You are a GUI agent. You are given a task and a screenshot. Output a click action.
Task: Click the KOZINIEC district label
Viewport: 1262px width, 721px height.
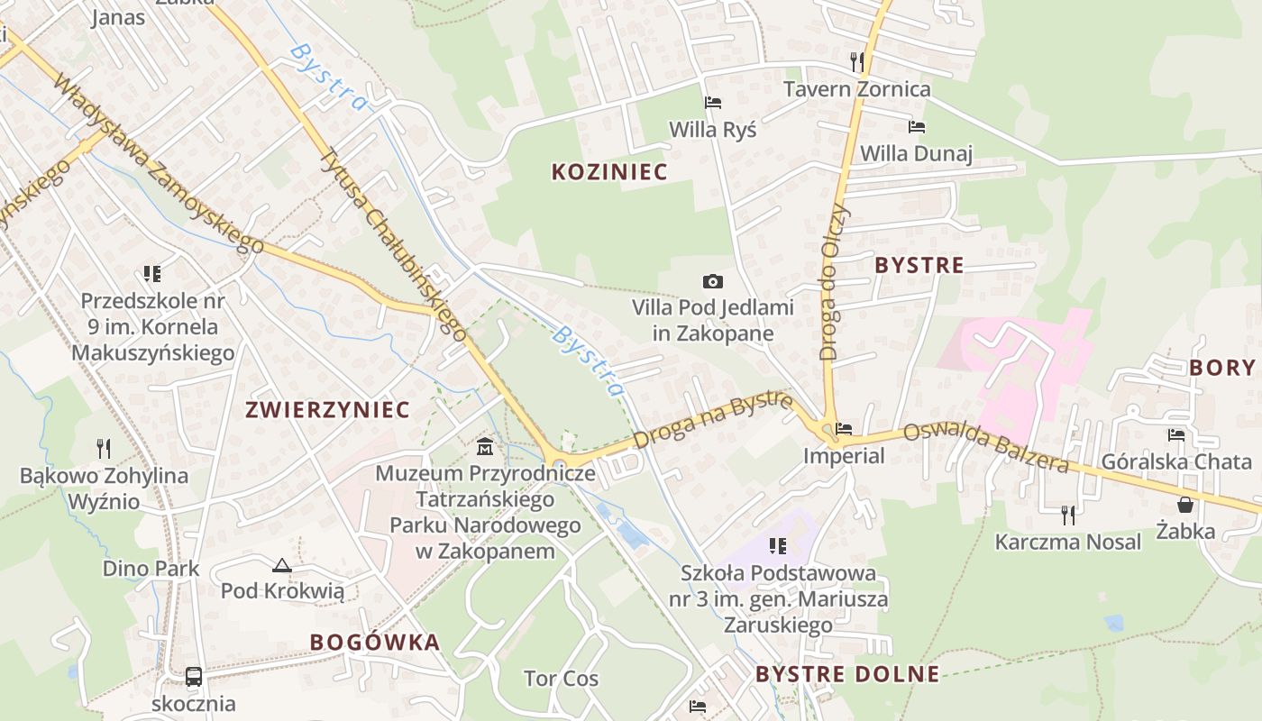click(609, 172)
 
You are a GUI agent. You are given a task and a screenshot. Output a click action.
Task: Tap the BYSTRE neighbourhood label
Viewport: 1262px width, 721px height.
click(919, 265)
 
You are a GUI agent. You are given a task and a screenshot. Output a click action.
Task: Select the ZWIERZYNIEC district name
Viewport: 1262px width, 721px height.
click(328, 410)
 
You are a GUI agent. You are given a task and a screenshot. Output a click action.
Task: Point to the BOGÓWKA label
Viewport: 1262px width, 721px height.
click(375, 643)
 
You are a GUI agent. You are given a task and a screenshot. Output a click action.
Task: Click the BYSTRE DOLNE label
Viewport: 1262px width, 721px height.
click(847, 674)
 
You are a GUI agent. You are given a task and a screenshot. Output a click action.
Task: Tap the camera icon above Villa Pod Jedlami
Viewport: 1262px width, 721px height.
click(713, 282)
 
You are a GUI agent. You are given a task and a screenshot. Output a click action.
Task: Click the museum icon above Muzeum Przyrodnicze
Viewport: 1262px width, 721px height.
click(485, 446)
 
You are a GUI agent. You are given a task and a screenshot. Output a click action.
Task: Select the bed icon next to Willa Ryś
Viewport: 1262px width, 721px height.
click(713, 103)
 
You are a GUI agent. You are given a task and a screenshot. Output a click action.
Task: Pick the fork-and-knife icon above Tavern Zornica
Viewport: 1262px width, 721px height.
click(857, 61)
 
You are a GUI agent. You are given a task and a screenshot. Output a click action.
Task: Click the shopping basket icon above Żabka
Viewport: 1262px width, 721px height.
click(1185, 505)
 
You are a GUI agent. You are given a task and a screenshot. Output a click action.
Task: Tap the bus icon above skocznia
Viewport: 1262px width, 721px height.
click(193, 677)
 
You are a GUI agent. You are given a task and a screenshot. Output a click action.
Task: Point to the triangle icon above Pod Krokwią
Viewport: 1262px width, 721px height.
click(282, 565)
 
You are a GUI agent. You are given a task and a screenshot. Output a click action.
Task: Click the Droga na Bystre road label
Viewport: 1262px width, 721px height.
click(712, 420)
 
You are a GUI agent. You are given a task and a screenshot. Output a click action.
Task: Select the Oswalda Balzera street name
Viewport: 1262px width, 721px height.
click(986, 447)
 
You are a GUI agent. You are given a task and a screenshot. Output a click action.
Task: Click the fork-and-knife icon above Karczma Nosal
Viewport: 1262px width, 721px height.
click(1068, 515)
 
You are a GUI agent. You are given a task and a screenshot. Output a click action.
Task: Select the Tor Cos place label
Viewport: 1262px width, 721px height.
click(562, 679)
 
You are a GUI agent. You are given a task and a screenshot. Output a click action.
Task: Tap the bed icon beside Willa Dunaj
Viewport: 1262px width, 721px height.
click(917, 127)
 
